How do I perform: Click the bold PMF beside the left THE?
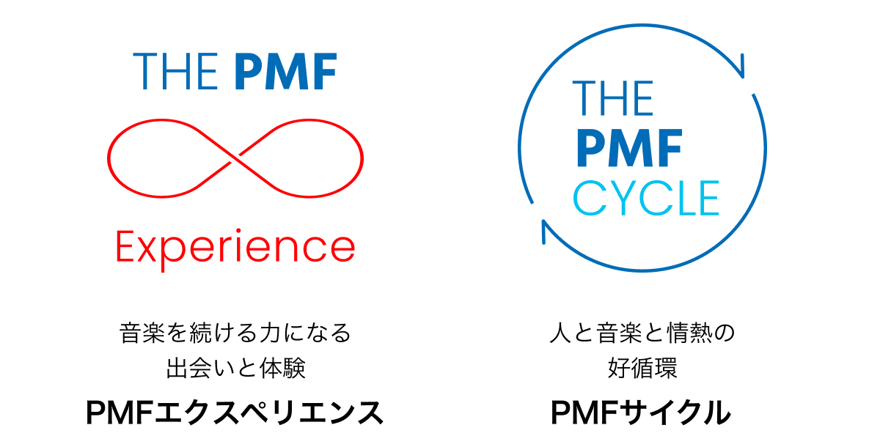[285, 71]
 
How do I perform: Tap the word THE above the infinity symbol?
[175, 71]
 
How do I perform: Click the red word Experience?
[235, 249]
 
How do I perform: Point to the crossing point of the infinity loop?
[235, 158]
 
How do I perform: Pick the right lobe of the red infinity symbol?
[301, 158]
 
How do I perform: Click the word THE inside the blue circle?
[613, 98]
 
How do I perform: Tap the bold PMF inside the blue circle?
[629, 148]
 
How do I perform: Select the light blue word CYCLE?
[646, 198]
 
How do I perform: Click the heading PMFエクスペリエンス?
[235, 412]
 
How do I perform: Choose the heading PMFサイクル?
[641, 412]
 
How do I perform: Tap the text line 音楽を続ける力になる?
[235, 333]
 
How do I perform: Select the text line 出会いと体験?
[235, 368]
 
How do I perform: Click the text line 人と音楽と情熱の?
[642, 333]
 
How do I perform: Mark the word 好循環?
[642, 368]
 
